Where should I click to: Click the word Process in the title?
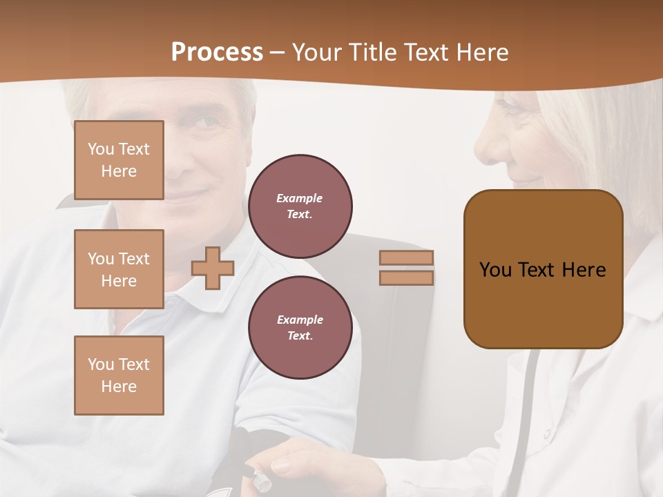(217, 52)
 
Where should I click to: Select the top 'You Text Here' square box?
(119, 160)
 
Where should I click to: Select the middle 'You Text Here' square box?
(119, 269)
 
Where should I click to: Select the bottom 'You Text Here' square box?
(119, 376)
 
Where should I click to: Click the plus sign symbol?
(213, 268)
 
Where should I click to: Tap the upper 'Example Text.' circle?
(300, 206)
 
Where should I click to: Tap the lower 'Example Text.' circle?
(300, 327)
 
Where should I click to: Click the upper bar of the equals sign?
(406, 257)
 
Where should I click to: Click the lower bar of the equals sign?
(406, 277)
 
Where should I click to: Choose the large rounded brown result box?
(543, 269)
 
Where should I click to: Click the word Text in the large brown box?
(543, 269)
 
